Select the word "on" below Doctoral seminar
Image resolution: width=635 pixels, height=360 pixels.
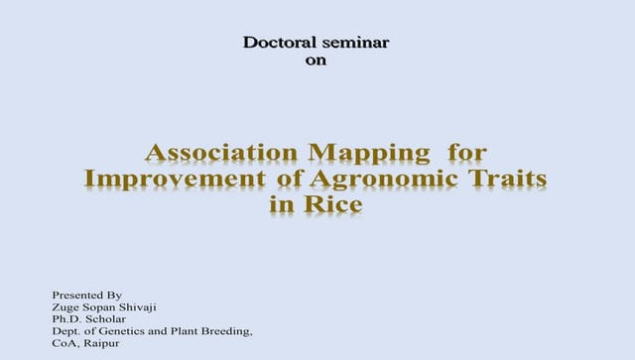pos(316,60)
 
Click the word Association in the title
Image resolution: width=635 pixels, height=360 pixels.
pos(221,154)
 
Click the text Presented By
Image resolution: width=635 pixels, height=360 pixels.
pos(86,296)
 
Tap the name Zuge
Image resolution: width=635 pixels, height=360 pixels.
pos(66,307)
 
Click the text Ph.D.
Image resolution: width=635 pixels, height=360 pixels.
pos(66,319)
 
